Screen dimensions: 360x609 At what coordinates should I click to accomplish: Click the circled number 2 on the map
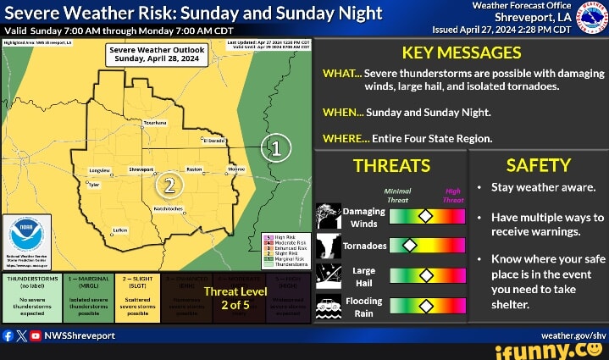(169, 184)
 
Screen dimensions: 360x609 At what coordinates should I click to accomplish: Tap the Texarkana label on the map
(155, 123)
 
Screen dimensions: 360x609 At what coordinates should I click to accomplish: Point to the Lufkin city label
(120, 230)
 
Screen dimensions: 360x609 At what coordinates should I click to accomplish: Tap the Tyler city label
(93, 184)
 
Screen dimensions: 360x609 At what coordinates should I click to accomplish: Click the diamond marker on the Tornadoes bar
(409, 246)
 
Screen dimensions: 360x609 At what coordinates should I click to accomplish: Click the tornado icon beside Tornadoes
(329, 246)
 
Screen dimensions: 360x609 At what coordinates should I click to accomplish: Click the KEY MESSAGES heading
(462, 53)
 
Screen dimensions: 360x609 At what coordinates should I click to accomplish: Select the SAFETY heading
(538, 164)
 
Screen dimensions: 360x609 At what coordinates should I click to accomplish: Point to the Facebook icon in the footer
(8, 335)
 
